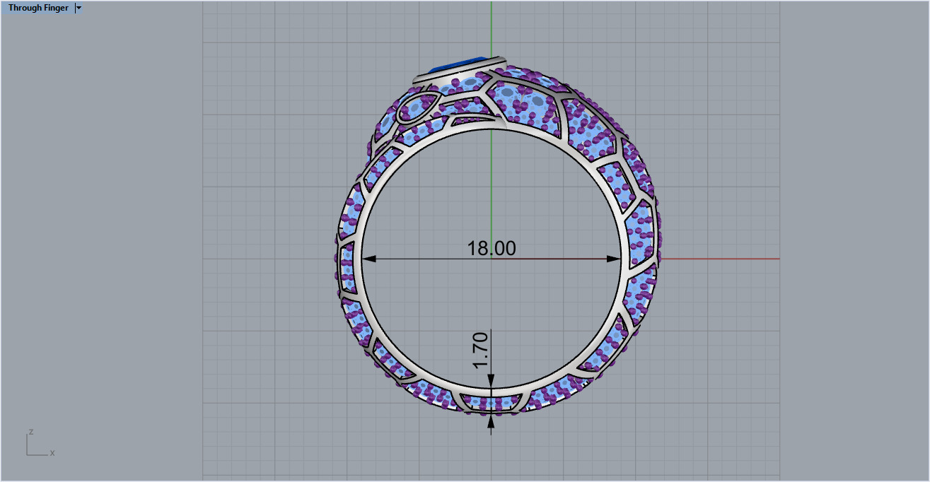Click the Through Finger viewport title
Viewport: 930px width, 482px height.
(38, 8)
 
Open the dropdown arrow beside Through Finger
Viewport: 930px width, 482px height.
(78, 8)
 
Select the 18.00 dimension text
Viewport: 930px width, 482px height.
(491, 248)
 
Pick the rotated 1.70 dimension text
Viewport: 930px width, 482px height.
(481, 350)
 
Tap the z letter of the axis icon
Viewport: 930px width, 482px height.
(31, 431)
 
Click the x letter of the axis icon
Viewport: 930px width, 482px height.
(52, 452)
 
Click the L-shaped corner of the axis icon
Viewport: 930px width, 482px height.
(28, 454)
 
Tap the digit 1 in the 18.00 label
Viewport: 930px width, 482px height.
(472, 248)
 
